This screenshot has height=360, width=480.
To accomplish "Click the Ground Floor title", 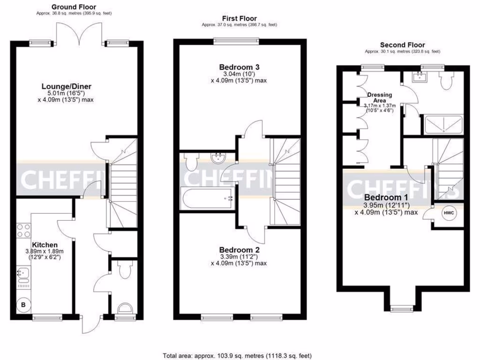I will tap(74, 7).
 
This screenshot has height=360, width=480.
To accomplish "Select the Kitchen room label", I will tap(45, 245).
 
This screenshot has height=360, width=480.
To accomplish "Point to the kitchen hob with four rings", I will tap(23, 231).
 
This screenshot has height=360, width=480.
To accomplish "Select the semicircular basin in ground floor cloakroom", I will tap(124, 309).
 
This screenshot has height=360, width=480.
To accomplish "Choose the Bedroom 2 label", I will tap(239, 249).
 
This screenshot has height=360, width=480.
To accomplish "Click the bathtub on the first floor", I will tap(206, 198).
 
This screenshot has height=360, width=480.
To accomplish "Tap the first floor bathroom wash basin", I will tap(218, 158).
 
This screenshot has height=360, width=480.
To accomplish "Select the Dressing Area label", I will tap(380, 97).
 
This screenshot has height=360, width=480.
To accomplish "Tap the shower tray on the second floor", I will tap(442, 125).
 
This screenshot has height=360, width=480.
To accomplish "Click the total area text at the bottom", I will tap(237, 355).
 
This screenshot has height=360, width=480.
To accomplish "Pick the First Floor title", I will tap(239, 18).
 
